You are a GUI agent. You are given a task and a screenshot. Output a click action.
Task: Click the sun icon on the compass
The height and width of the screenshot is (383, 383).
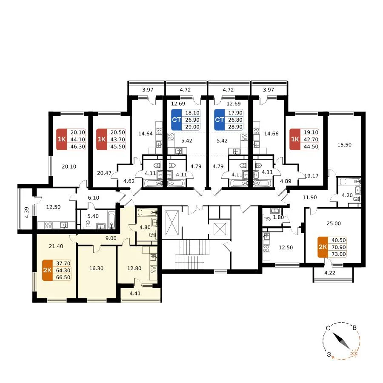[354, 354]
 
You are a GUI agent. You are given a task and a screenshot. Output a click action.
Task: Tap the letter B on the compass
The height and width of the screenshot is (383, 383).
[354, 328]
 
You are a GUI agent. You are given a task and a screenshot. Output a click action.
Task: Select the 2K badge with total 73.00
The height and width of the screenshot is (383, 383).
[323, 247]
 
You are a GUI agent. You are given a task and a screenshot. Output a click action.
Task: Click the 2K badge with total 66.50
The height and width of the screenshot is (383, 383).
[47, 270]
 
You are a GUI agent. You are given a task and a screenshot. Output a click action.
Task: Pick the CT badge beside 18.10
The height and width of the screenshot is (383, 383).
[176, 120]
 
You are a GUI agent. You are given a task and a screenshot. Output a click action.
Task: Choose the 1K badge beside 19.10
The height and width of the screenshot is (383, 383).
[295, 139]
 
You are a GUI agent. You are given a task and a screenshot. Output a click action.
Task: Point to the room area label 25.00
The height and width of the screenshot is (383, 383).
[334, 223]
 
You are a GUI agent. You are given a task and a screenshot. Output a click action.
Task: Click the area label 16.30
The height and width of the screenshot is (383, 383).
[96, 268]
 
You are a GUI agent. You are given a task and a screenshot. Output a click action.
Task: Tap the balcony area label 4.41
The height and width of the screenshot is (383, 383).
[135, 293]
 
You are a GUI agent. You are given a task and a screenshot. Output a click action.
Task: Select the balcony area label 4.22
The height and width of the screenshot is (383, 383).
[330, 273]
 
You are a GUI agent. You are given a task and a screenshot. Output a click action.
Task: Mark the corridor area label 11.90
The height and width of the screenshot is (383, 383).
[309, 197]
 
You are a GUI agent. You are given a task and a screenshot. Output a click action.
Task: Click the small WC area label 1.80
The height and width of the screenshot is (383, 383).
[278, 217]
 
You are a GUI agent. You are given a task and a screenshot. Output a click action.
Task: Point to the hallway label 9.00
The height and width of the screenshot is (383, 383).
[111, 238]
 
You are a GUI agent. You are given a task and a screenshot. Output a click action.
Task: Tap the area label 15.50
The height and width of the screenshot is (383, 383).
[344, 145]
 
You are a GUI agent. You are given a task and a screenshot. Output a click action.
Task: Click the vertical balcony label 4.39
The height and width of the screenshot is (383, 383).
[27, 212]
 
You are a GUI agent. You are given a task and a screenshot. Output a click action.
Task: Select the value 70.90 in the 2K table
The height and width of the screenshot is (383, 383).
[339, 247]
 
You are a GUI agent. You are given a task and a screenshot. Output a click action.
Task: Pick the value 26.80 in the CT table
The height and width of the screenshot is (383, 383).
[235, 120]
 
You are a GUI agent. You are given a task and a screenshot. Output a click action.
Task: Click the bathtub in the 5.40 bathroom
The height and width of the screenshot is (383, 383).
[111, 220]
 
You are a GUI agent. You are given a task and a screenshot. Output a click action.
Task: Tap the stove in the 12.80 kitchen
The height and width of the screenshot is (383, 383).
[153, 269]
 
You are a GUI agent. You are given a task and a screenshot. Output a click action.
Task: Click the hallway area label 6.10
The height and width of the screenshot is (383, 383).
[93, 197]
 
